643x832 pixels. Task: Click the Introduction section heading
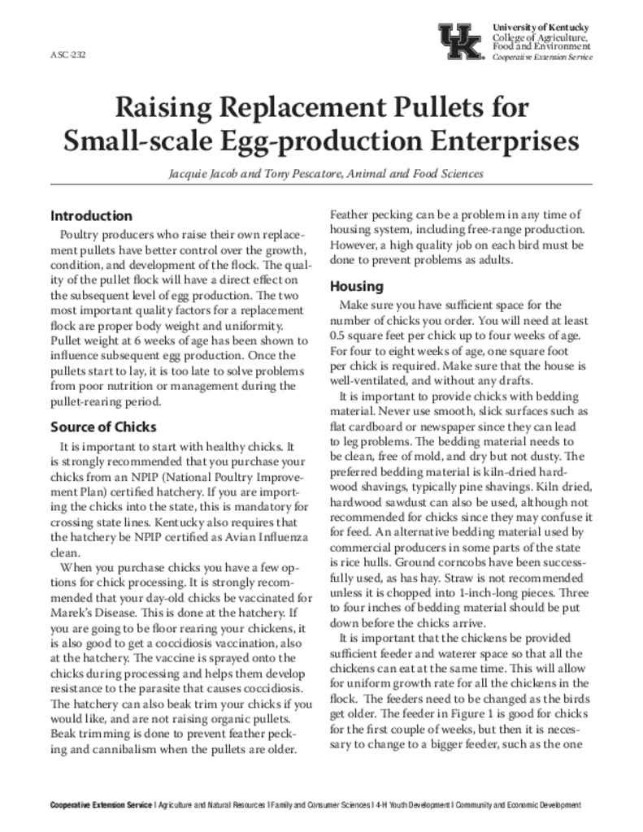point(91,216)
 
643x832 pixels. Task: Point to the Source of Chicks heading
point(103,427)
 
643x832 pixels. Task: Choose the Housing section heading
point(356,287)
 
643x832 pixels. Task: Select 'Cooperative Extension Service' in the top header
point(543,58)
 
